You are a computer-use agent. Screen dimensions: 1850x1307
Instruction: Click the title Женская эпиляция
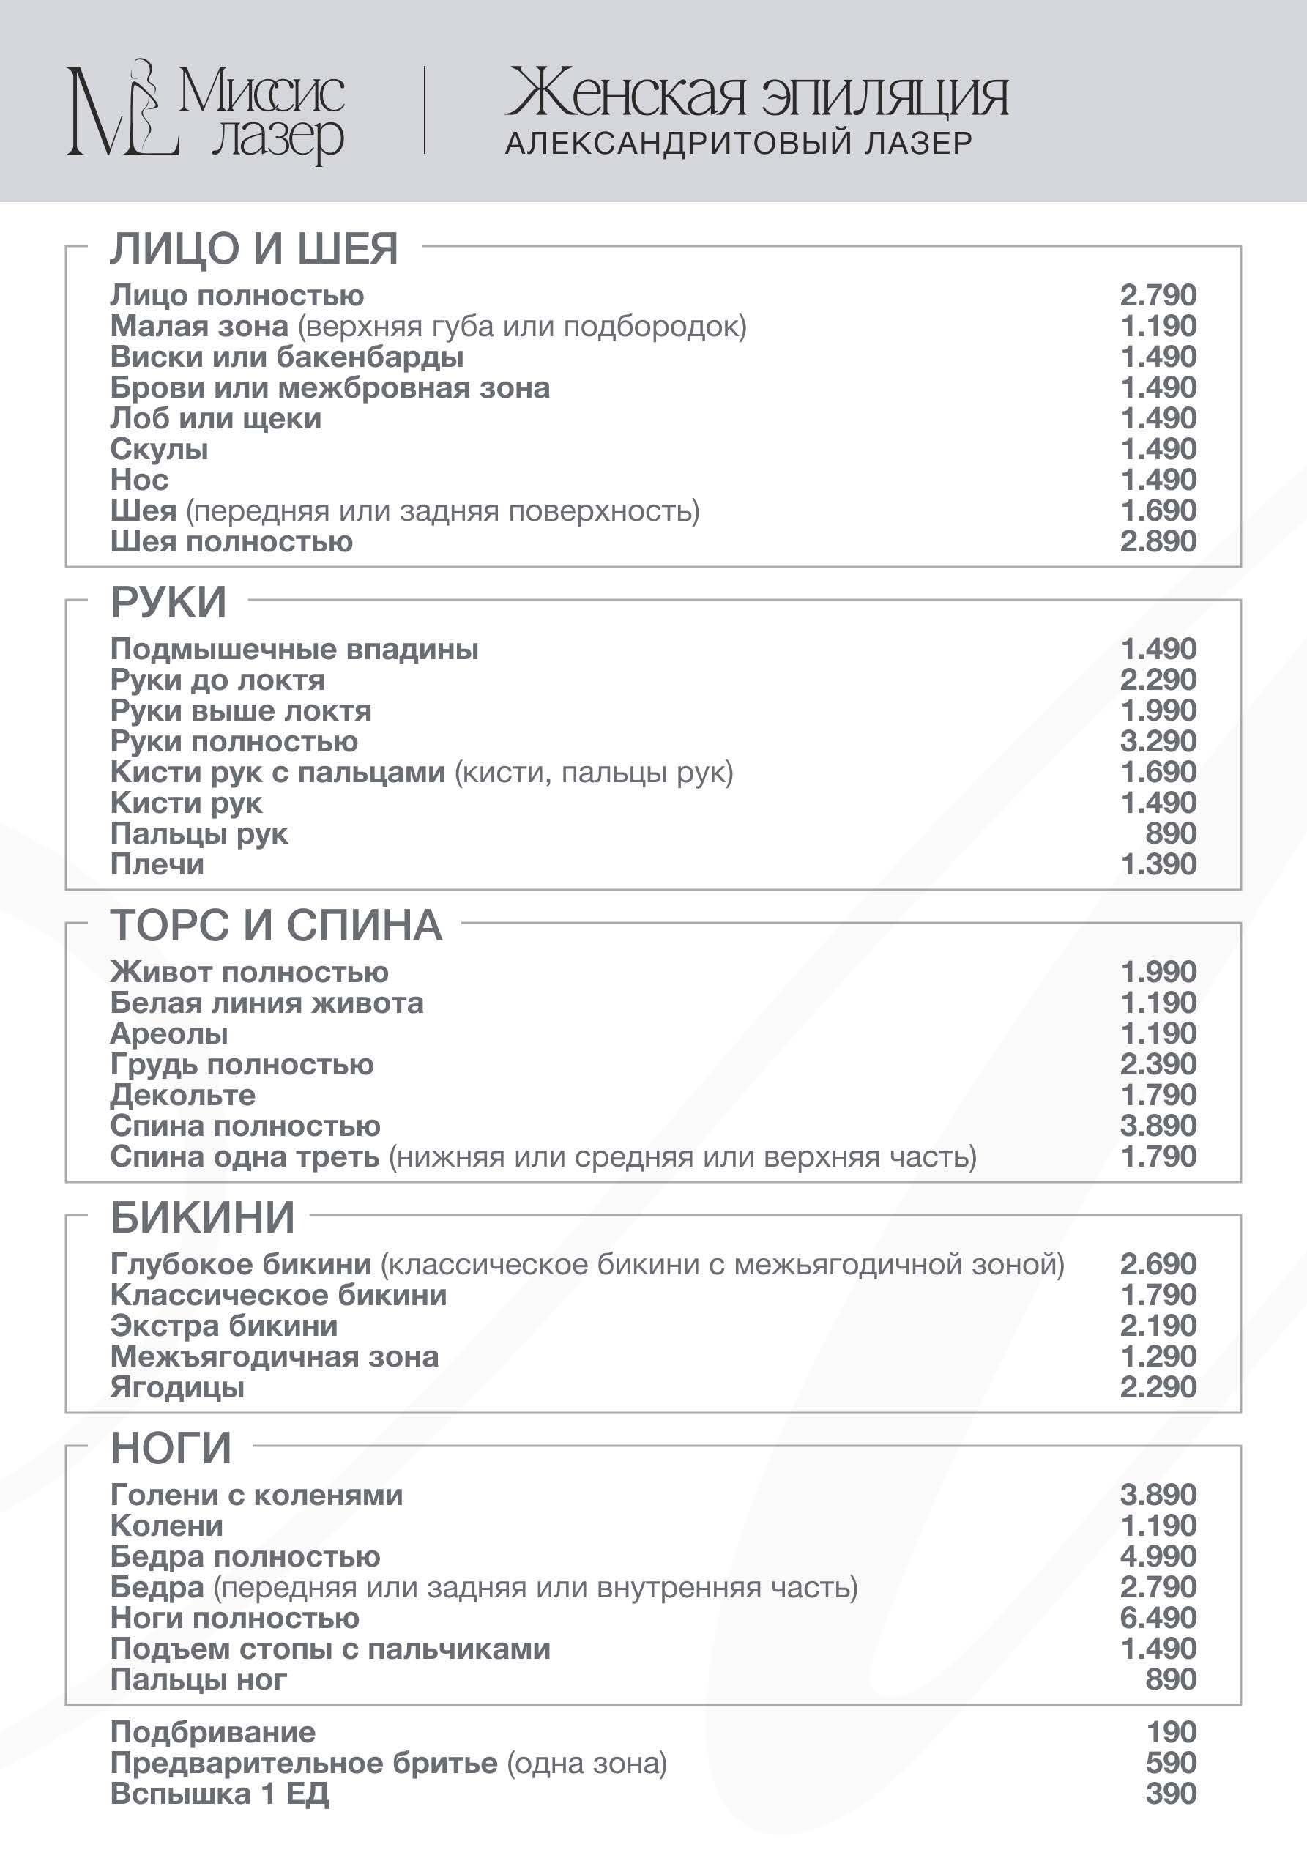[756, 95]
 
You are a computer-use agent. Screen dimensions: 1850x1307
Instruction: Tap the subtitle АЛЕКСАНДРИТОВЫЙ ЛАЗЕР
[738, 144]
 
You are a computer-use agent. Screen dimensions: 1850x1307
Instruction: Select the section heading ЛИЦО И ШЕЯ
[254, 248]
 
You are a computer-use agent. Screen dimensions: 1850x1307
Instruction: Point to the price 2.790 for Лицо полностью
[1158, 295]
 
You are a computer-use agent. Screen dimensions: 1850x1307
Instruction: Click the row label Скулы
[160, 449]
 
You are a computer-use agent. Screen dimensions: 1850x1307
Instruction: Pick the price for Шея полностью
[1158, 540]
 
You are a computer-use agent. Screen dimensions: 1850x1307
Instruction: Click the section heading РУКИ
[168, 602]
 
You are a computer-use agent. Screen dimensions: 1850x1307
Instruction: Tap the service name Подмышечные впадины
[294, 649]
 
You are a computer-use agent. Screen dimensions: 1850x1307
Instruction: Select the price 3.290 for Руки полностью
[1158, 740]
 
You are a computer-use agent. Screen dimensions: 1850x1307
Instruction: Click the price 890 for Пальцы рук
[1171, 833]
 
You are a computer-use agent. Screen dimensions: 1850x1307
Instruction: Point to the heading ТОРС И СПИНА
[276, 925]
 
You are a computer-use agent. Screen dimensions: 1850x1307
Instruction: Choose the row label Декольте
[183, 1095]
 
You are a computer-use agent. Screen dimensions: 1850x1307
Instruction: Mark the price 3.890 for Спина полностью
[1158, 1126]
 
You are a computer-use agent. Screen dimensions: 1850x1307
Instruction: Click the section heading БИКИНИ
[203, 1216]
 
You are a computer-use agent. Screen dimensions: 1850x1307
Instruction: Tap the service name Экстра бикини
[224, 1326]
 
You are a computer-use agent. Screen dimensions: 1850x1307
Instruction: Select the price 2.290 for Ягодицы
[1158, 1386]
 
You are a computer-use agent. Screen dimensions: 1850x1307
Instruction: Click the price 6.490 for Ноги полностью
[1158, 1617]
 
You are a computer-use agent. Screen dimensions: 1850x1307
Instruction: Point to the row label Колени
[167, 1526]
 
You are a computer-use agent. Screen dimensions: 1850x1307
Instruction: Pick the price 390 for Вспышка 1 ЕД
[1171, 1794]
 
